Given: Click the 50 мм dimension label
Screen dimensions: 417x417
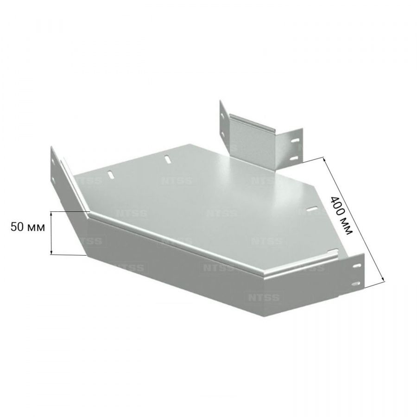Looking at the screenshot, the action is (28, 227).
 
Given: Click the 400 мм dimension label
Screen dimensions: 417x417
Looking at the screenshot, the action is (341, 215).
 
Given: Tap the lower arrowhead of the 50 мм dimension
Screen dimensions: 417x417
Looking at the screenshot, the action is (51, 252).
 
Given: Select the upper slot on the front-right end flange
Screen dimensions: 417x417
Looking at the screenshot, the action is (357, 265).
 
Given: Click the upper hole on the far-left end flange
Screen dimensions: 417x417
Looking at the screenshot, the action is (53, 161).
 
